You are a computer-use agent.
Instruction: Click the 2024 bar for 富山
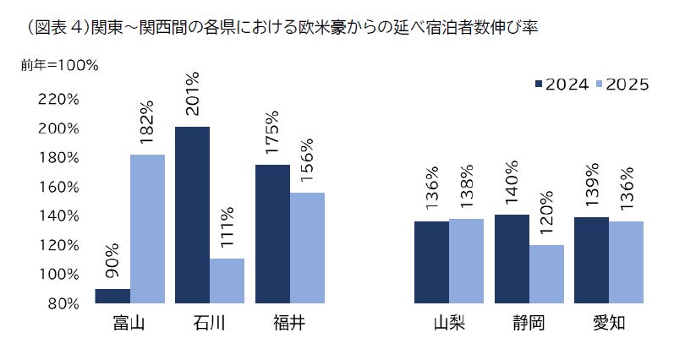(112, 296)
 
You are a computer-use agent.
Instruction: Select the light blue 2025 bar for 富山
(147, 228)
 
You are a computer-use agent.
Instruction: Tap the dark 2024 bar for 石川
(192, 215)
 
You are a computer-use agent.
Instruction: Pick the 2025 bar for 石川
(227, 281)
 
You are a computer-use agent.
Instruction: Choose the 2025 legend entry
(622, 84)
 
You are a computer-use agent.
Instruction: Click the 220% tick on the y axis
(58, 100)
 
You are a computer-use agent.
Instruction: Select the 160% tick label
(58, 187)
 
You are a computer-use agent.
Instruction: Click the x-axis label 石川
(209, 324)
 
